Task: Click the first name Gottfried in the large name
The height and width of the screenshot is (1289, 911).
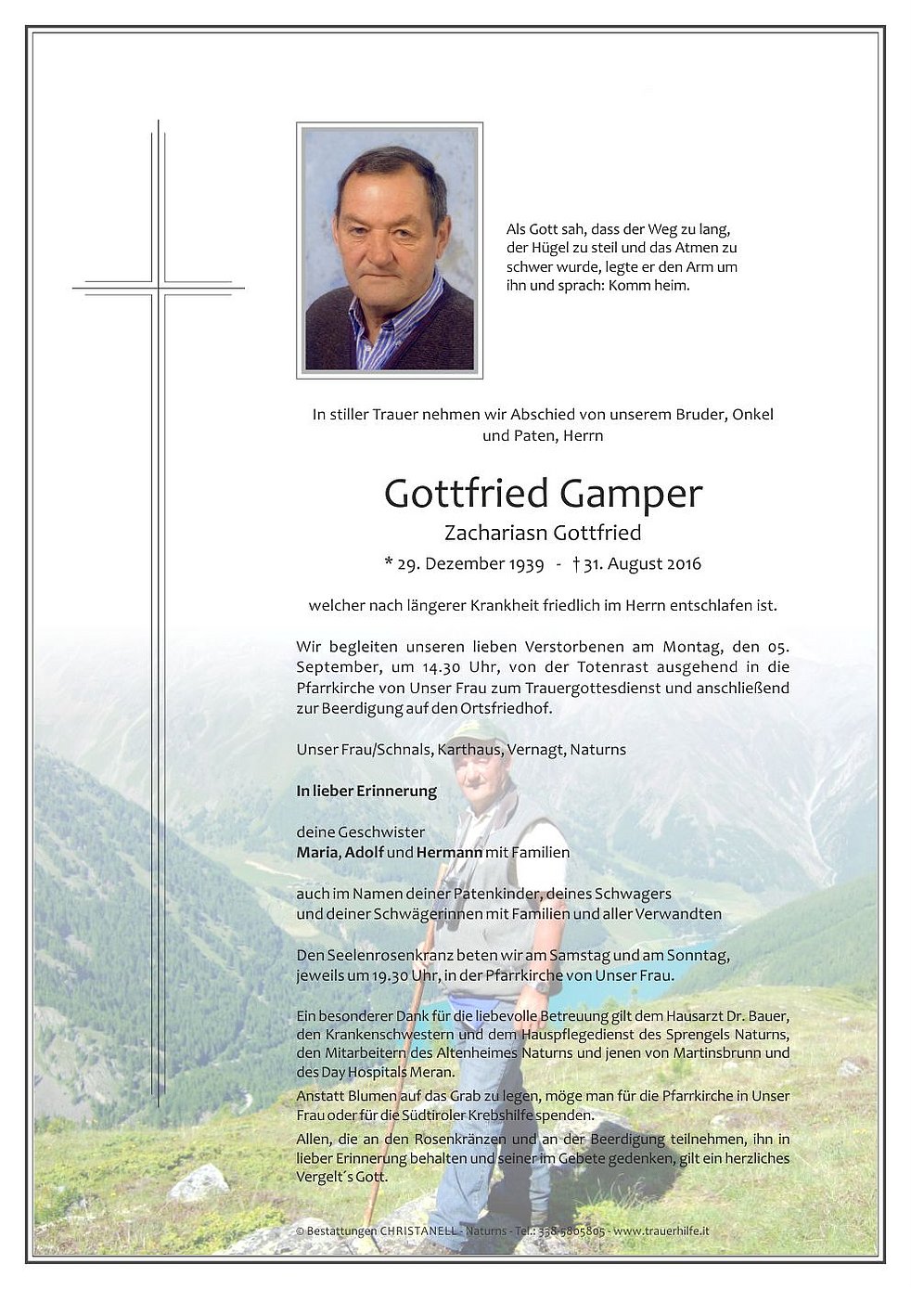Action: pyautogui.click(x=467, y=494)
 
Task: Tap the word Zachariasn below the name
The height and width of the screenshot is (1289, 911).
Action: pyautogui.click(x=494, y=534)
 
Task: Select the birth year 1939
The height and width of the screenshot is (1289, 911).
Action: pyautogui.click(x=521, y=564)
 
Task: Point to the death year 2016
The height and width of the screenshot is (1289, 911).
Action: pyautogui.click(x=681, y=564)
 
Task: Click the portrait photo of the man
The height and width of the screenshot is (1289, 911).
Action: pyautogui.click(x=390, y=251)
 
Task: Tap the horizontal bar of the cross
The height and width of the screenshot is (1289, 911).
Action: pyautogui.click(x=159, y=288)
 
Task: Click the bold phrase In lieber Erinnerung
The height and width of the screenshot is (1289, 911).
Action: pyautogui.click(x=366, y=792)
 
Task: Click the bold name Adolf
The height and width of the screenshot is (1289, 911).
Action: pyautogui.click(x=364, y=852)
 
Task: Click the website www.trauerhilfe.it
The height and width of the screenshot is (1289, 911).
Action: pyautogui.click(x=663, y=1231)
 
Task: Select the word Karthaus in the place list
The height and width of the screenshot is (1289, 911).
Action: pyautogui.click(x=475, y=749)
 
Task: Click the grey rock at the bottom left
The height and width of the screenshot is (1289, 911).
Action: pyautogui.click(x=199, y=1182)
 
